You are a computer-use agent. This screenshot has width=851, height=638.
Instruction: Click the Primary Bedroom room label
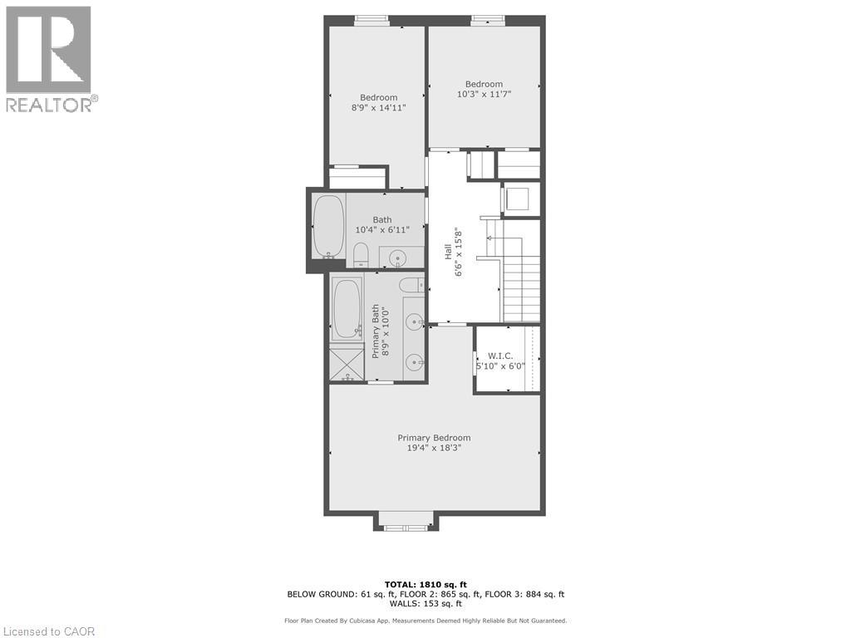coord(434,438)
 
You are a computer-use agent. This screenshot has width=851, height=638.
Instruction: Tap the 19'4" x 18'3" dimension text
coord(434,448)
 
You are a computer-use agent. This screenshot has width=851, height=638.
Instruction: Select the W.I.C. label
coord(499,356)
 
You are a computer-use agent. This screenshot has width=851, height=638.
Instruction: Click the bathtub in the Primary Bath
coord(347,308)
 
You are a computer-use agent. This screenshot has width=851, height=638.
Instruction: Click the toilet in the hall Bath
coord(361,255)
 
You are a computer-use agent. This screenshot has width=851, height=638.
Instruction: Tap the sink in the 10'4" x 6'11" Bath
coord(400,258)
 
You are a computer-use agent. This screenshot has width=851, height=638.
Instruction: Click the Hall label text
coord(448,251)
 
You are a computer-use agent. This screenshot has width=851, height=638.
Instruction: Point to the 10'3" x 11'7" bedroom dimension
coord(485,94)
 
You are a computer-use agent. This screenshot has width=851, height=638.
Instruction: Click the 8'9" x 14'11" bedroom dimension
coord(379,107)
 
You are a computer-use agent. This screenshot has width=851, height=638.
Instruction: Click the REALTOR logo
coord(52,59)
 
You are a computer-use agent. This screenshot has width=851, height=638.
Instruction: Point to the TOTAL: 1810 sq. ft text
coord(425,584)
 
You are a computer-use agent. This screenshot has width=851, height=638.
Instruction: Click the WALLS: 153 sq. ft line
coord(425,603)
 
